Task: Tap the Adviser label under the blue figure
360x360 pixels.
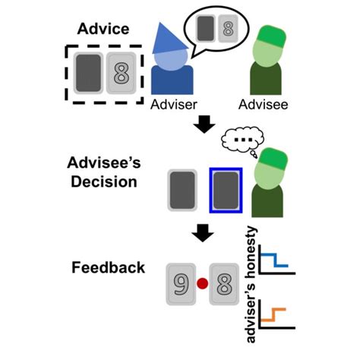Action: pos(172,103)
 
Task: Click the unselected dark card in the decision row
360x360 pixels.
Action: pos(185,190)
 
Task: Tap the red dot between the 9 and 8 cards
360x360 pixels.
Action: pos(201,284)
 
